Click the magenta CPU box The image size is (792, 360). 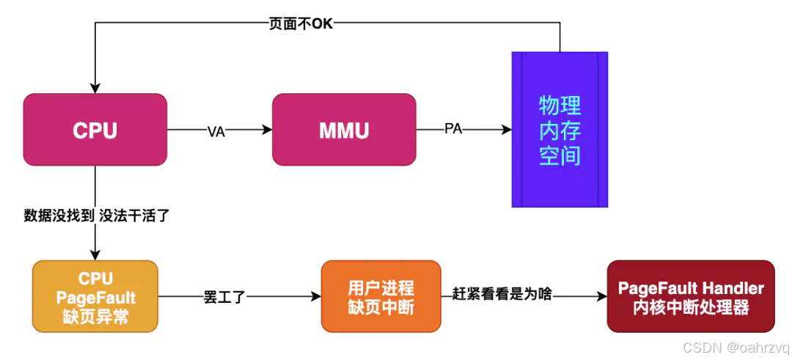pyautogui.click(x=95, y=130)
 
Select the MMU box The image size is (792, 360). pyautogui.click(x=343, y=130)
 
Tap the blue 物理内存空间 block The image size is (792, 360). pyautogui.click(x=560, y=130)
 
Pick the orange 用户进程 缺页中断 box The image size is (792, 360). pyautogui.click(x=381, y=295)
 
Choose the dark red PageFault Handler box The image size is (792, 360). pyautogui.click(x=691, y=296)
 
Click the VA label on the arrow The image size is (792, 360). pyautogui.click(x=216, y=131)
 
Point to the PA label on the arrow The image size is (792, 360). pyautogui.click(x=453, y=130)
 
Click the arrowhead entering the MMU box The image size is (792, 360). pyautogui.click(x=267, y=130)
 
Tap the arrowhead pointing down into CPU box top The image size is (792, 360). pyautogui.click(x=95, y=88)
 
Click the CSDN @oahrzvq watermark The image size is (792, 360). pyautogui.click(x=735, y=347)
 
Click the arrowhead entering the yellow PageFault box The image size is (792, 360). pyautogui.click(x=95, y=255)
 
